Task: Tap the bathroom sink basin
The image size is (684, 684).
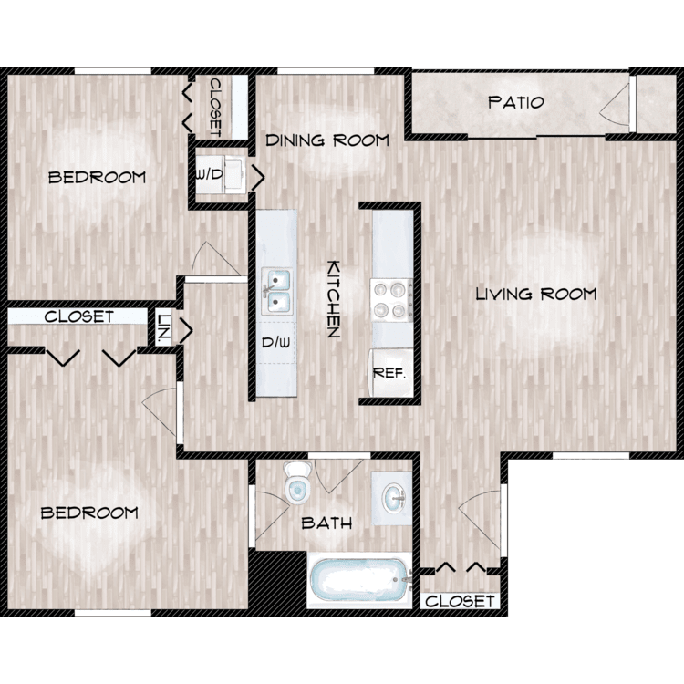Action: [x=394, y=498]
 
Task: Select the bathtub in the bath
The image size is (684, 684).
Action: [x=358, y=579]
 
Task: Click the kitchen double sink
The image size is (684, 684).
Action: [x=276, y=289]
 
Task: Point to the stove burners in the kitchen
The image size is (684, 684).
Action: [x=392, y=300]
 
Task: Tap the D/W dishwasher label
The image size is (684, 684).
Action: [x=275, y=344]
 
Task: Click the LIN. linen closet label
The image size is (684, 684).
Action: [x=163, y=329]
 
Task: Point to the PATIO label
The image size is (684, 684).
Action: [x=516, y=102]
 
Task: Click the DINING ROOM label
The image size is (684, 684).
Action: [x=327, y=140]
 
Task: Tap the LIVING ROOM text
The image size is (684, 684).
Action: [x=535, y=294]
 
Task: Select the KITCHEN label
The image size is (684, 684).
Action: [x=334, y=299]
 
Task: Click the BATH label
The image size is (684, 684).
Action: [x=326, y=523]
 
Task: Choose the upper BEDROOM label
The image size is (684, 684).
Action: [x=97, y=177]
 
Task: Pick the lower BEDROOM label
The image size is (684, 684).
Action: [x=89, y=513]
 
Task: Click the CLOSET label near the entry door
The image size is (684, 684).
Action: [x=461, y=601]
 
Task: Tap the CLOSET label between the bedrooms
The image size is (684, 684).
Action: [x=78, y=316]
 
